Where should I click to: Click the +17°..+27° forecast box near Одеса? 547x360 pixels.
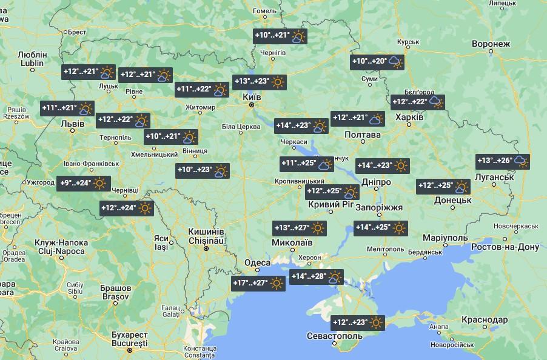(258, 283)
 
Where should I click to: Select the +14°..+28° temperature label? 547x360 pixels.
(317, 277)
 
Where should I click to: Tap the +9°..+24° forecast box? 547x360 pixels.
(84, 183)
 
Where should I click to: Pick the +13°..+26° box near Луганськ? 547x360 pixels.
(503, 161)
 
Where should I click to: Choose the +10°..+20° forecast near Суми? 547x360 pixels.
(377, 61)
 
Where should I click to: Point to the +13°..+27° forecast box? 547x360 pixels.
(300, 228)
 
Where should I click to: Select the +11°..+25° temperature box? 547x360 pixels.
(306, 164)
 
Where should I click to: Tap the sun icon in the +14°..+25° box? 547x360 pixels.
(398, 228)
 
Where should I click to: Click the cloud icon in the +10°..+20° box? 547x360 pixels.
(395, 61)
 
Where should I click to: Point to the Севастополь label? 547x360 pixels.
(335, 336)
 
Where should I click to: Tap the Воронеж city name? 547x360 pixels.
(491, 44)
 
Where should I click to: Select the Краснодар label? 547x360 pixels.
(484, 319)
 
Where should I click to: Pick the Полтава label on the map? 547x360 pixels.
(363, 135)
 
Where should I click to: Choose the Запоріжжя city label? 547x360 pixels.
(379, 207)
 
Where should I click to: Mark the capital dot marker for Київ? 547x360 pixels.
(252, 105)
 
